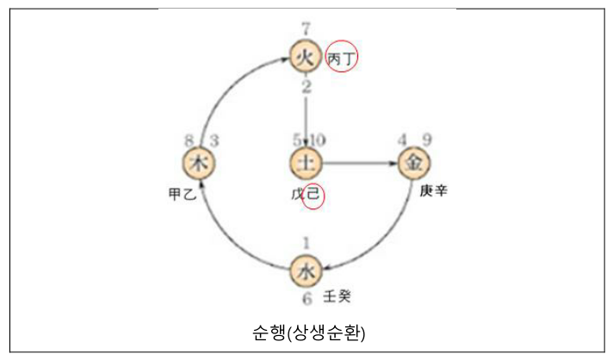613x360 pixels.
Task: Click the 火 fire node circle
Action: pyautogui.click(x=306, y=58)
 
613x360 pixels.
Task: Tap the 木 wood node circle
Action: pyautogui.click(x=199, y=163)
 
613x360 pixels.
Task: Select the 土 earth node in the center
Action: pyautogui.click(x=306, y=163)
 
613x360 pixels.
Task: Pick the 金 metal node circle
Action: pyautogui.click(x=414, y=163)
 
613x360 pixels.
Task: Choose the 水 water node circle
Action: pyautogui.click(x=306, y=270)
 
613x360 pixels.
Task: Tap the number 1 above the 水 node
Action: pyautogui.click(x=306, y=245)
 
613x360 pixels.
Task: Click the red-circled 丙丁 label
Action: pyautogui.click(x=342, y=58)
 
